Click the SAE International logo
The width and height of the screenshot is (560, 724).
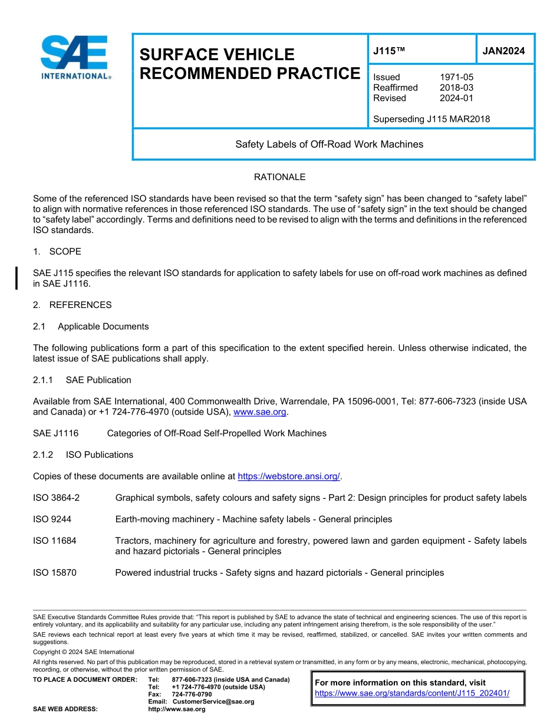coord(75,57)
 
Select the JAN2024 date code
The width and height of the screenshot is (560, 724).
coord(503,51)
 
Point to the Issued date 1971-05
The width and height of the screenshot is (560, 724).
coord(456,77)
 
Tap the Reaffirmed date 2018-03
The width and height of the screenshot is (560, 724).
coord(456,88)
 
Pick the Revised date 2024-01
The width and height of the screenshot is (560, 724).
coord(456,98)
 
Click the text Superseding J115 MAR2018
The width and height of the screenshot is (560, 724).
coord(431,119)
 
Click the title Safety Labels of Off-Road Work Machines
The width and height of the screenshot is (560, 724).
coord(329,144)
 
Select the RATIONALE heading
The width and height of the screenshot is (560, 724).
coord(279,177)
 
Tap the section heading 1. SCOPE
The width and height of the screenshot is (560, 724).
coord(57,251)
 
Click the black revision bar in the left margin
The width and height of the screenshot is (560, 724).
coord(17,278)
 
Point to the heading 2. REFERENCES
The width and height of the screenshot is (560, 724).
coord(73,305)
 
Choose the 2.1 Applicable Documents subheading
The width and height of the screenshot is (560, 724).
coord(91,326)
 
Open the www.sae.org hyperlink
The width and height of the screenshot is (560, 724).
coord(259,412)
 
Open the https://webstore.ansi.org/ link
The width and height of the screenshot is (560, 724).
coord(289,476)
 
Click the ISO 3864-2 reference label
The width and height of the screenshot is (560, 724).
coord(57,498)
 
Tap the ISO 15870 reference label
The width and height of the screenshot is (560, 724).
coord(55,573)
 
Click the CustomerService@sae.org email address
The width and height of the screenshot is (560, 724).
coord(213,702)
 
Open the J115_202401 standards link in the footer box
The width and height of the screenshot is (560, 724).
coord(412,693)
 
